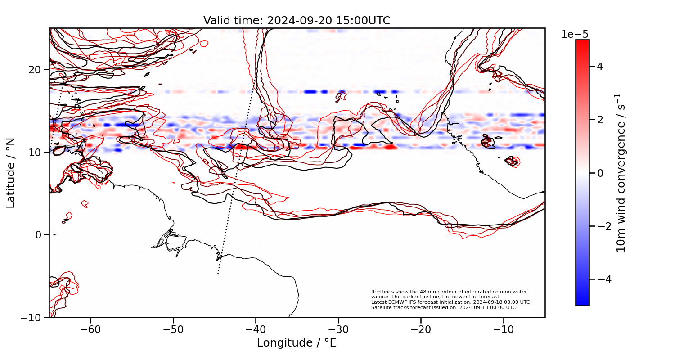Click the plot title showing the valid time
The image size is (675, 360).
tap(297, 21)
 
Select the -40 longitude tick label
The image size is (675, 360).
tap(256, 329)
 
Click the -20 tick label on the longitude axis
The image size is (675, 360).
tap(421, 329)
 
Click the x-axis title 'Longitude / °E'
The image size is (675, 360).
tap(297, 343)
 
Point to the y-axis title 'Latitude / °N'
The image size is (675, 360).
tap(11, 173)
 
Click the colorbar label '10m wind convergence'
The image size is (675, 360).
tap(621, 173)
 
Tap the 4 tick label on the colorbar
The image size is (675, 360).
tap(599, 67)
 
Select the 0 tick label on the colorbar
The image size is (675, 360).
tap(599, 173)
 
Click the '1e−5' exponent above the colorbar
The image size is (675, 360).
tap(575, 35)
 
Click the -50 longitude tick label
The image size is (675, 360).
tap(173, 329)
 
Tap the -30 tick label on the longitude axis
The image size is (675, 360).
tap(338, 329)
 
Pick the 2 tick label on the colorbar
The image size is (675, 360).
tap(599, 120)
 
